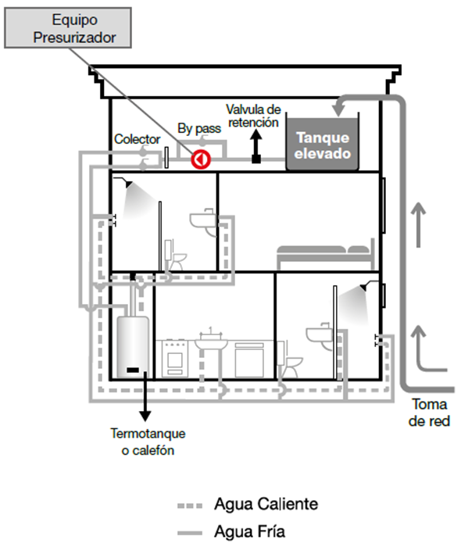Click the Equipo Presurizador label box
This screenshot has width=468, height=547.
68,28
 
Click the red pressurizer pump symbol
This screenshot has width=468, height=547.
201,159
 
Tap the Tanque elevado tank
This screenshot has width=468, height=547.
322,144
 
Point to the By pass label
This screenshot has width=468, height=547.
199,128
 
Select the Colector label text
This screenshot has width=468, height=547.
137,139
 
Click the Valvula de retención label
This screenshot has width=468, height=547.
253,116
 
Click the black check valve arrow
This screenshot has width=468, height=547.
256,147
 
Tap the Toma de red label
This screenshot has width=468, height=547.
429,413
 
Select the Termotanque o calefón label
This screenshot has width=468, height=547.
148,442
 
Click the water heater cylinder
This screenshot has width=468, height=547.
133,347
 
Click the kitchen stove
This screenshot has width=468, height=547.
175,358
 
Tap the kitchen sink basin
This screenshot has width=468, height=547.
211,343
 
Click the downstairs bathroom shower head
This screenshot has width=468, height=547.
364,287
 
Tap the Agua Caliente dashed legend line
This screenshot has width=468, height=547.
190,506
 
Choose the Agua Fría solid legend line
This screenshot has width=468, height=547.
190,533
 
